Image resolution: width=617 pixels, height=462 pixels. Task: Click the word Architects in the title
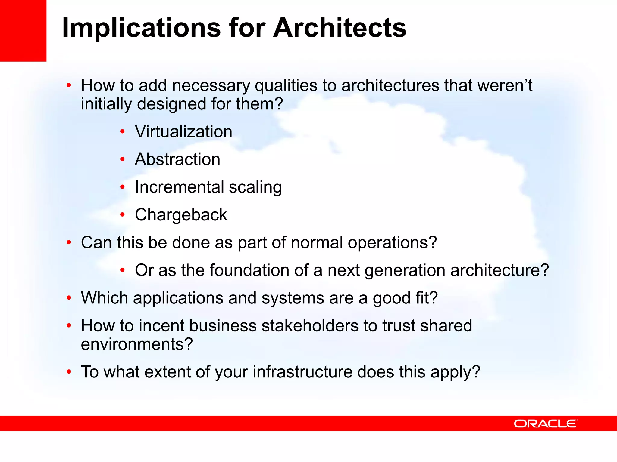(340, 28)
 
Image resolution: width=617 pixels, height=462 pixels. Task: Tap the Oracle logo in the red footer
(546, 423)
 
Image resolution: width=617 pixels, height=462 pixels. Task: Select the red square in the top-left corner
(23, 30)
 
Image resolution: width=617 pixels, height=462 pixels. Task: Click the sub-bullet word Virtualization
(183, 132)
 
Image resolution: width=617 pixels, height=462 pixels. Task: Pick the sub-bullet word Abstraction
(177, 159)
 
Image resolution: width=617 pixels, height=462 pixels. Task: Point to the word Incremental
(179, 187)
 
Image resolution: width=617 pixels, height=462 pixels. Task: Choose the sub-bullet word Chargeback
(181, 215)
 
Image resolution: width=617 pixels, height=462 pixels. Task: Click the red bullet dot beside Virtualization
(122, 132)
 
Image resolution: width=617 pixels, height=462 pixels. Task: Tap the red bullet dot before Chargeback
(122, 215)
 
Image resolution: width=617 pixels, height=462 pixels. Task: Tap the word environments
(136, 344)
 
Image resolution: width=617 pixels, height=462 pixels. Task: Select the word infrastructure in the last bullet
(302, 372)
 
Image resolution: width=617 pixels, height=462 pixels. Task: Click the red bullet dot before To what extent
(69, 372)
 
